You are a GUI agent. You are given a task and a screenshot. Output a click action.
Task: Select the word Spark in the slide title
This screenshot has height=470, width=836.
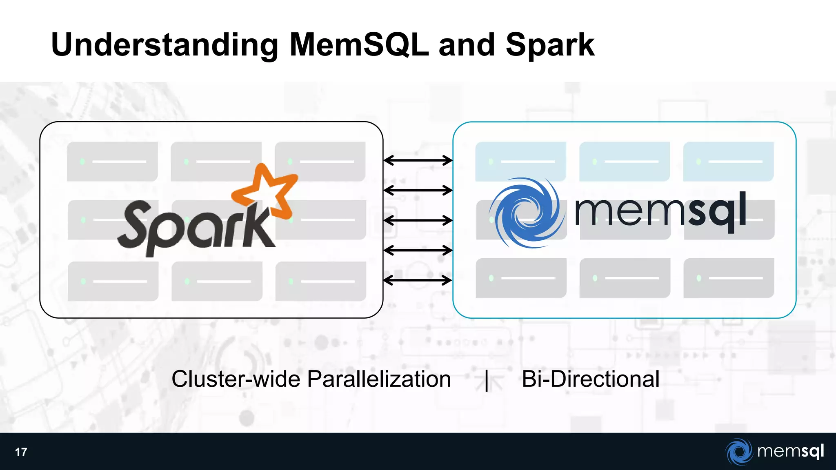[x=549, y=45]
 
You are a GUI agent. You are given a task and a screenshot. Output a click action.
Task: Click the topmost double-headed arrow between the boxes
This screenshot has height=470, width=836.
[x=418, y=160]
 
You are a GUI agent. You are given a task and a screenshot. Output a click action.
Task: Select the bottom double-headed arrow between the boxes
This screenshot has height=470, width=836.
[x=418, y=280]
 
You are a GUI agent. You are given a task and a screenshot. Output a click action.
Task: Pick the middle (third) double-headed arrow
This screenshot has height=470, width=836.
[x=418, y=220]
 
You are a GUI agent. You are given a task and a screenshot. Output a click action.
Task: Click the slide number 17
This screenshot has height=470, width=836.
[x=21, y=452]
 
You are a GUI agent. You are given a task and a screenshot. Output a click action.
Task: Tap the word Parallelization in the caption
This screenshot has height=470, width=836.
[x=379, y=379]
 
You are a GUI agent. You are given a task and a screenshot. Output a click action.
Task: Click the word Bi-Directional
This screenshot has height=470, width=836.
[x=590, y=379]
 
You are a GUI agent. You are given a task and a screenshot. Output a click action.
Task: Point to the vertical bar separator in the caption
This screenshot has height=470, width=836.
[x=487, y=380]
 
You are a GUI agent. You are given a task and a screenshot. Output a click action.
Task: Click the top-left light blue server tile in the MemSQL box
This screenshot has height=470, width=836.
[x=520, y=162]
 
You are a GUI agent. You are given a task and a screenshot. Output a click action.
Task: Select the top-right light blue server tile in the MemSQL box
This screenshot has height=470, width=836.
[x=728, y=162]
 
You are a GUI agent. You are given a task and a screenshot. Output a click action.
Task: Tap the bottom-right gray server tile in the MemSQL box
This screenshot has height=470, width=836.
[x=729, y=278]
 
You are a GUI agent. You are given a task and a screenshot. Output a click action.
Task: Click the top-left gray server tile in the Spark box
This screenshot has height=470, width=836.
[x=112, y=162]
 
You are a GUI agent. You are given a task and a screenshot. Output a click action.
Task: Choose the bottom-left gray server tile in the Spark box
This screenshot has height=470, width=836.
[x=113, y=282]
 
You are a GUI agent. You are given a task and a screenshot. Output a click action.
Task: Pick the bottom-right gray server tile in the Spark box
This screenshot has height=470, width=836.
[x=321, y=282]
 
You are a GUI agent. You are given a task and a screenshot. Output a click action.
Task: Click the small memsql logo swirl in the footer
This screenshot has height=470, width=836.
[x=739, y=452]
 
